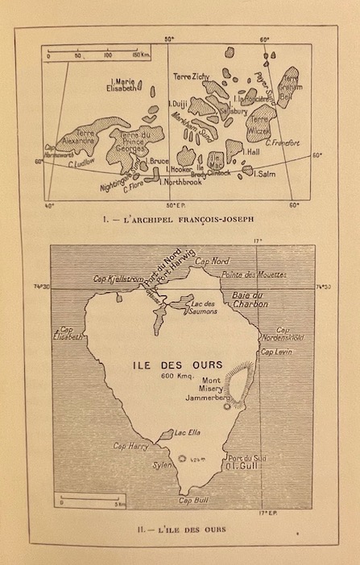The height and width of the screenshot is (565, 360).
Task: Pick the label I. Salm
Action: [x=266, y=175]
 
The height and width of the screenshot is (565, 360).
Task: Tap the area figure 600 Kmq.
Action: [x=176, y=377]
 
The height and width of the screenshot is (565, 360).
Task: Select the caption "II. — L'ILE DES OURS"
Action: [x=178, y=529]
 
